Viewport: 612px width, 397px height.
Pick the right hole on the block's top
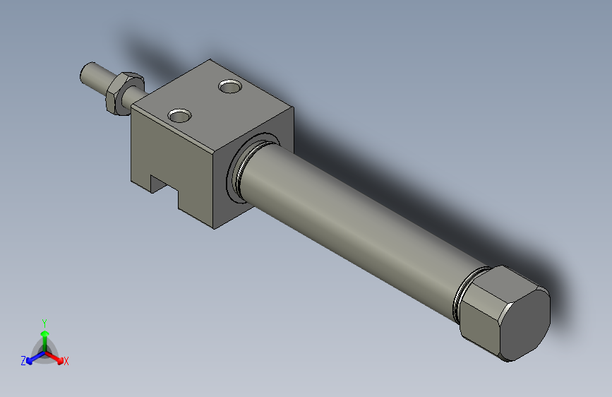[x=230, y=87]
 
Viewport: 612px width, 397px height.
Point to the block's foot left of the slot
[x=143, y=182]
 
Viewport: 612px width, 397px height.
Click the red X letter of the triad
[x=66, y=362]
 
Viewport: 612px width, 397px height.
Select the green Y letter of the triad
[x=44, y=322]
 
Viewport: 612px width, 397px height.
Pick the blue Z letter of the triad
[x=23, y=361]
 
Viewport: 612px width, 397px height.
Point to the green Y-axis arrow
[x=44, y=336]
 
